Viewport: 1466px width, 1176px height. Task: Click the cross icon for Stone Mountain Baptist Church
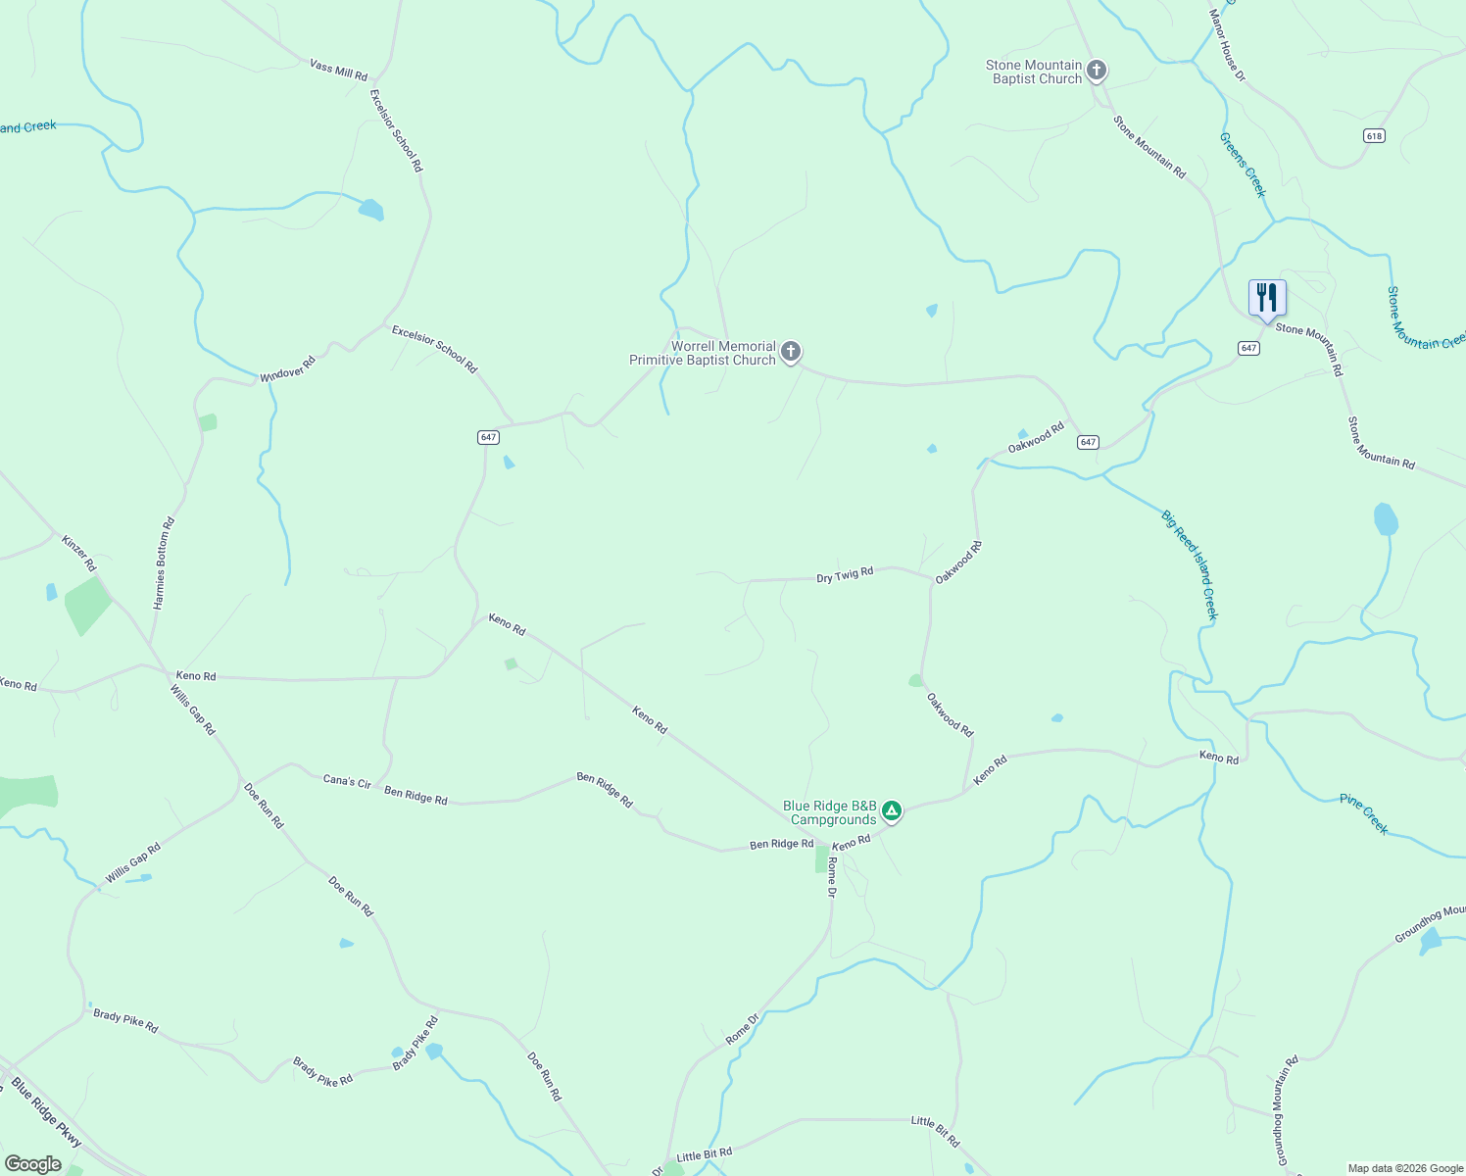click(1097, 71)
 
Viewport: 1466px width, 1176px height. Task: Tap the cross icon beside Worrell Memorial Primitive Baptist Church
click(791, 352)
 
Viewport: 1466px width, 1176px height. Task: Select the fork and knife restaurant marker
click(1267, 298)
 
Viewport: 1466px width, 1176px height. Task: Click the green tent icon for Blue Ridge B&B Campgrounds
click(892, 810)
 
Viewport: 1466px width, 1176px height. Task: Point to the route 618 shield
click(1374, 135)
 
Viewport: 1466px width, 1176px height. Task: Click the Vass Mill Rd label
click(338, 70)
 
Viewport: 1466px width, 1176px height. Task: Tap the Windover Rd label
click(288, 369)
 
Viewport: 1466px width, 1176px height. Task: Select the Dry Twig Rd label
click(845, 574)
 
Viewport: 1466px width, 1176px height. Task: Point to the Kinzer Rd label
click(78, 554)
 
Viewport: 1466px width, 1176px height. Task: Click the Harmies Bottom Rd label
click(164, 563)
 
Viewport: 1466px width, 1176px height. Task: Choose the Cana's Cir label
click(347, 781)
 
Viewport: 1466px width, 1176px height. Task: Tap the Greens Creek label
click(1243, 165)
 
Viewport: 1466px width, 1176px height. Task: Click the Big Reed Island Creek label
click(1190, 565)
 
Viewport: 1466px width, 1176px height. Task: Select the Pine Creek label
click(1364, 813)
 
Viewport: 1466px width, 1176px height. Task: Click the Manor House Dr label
click(1226, 45)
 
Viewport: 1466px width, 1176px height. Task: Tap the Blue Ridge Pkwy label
click(46, 1113)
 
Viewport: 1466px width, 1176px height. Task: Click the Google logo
click(32, 1164)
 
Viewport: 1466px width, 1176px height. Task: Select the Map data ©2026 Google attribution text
click(1405, 1168)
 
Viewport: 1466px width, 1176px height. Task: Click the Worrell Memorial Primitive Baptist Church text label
click(703, 353)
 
